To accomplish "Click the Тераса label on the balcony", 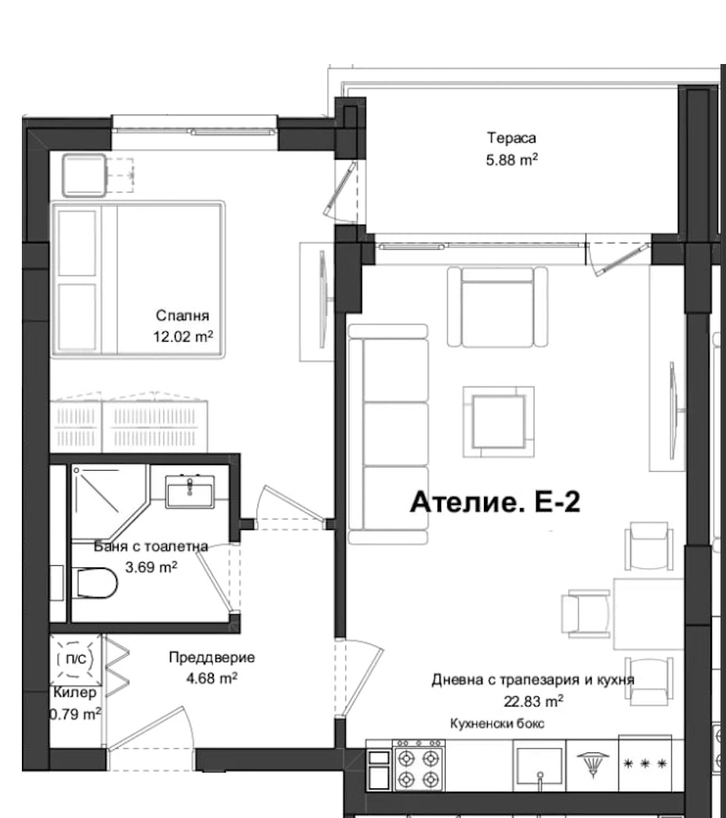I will (511, 139).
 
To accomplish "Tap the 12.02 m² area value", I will (184, 338).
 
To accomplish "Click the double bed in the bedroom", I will (139, 279).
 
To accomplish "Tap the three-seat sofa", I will (389, 433).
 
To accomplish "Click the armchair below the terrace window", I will (496, 305).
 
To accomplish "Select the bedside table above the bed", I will (84, 176).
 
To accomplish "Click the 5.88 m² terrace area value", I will (511, 161).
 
